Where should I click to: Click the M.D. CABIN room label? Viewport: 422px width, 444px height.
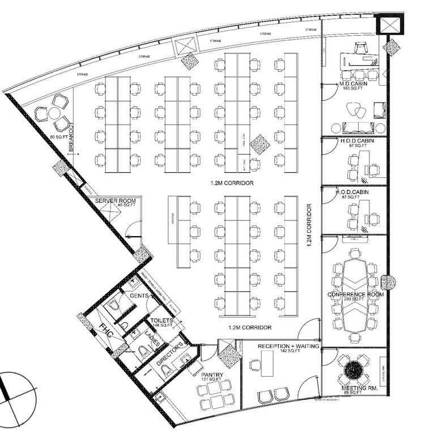click(355, 84)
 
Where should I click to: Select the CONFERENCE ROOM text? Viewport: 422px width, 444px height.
click(356, 294)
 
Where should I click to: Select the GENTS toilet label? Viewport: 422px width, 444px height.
click(139, 296)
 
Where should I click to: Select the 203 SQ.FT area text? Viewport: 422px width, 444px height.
click(355, 301)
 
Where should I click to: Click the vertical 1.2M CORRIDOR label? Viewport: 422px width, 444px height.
click(310, 227)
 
